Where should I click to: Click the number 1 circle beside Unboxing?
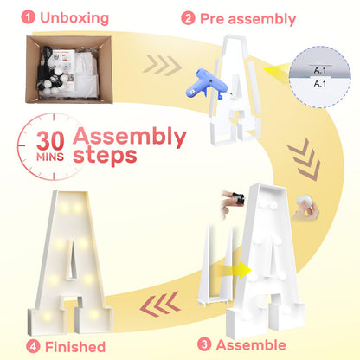[x=29, y=17]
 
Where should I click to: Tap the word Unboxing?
[x=74, y=18]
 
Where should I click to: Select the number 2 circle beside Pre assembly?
[x=188, y=18]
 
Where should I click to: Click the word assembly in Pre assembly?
[x=262, y=20]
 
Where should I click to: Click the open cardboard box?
[x=68, y=69]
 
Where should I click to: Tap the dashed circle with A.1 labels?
[x=320, y=77]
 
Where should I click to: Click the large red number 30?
[x=50, y=141]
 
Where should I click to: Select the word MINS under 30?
[x=50, y=157]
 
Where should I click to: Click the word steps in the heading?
[x=105, y=156]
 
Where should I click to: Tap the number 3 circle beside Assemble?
[x=204, y=344]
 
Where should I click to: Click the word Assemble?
[x=251, y=345]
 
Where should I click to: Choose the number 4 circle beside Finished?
[x=33, y=346]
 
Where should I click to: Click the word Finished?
[x=75, y=347]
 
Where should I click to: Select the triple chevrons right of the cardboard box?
[x=162, y=65]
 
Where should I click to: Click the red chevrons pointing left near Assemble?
[x=160, y=304]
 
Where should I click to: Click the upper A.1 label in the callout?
[x=320, y=70]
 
